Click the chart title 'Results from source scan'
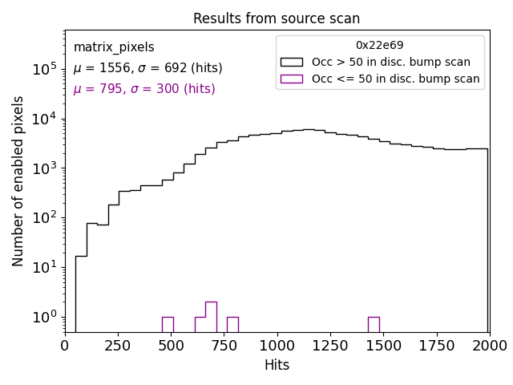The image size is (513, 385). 277,18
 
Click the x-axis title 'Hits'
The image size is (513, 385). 277,365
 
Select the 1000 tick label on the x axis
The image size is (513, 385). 277,346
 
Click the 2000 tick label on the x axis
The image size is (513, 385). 489,346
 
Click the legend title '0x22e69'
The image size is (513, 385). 380,45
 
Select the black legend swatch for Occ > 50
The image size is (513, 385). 292,62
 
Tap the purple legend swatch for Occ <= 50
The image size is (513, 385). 292,79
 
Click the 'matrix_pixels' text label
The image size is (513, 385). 114,47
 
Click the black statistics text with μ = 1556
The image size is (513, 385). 147,68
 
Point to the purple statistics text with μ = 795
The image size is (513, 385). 144,89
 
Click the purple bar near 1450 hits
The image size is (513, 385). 374,324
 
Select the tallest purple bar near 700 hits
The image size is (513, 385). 211,317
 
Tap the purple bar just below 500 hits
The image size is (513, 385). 168,324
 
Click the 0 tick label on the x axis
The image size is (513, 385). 65,346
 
